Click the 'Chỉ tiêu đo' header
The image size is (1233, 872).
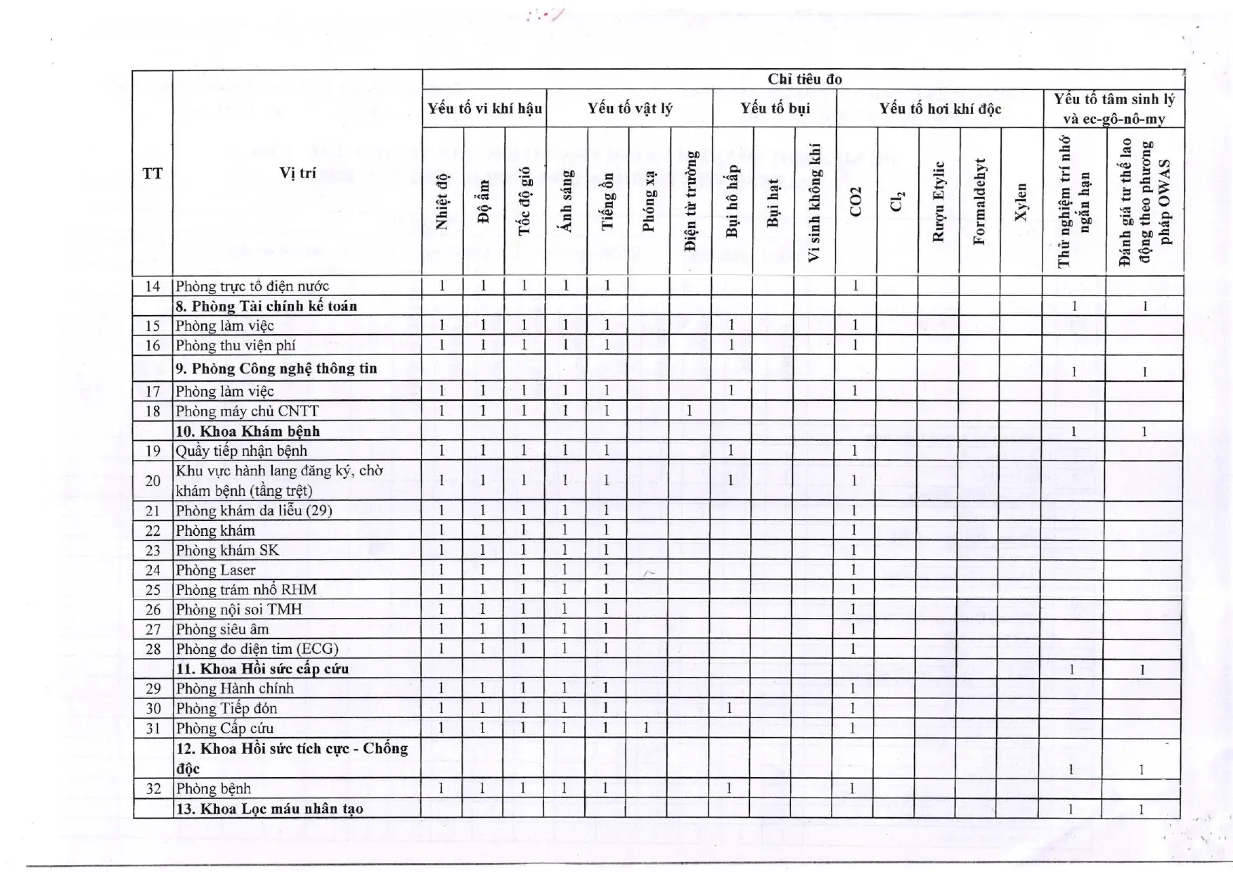coord(804,79)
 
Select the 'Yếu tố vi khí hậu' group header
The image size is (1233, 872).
coord(484,108)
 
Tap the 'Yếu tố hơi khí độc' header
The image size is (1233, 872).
coord(940,108)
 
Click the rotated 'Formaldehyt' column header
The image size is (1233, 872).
coord(979,202)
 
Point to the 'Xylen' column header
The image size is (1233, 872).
coord(1021,202)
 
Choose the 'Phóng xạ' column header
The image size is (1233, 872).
coord(648,202)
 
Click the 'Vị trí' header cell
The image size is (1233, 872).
coord(297,173)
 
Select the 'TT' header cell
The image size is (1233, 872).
coord(153,173)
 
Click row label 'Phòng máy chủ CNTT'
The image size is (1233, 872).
coord(247,411)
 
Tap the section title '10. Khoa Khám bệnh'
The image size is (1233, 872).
coord(247,431)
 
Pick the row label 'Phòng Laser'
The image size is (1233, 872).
coord(216,570)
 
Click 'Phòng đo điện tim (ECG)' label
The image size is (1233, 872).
coord(257,649)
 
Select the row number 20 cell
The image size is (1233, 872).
coord(153,481)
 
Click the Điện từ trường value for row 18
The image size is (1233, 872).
coord(689,411)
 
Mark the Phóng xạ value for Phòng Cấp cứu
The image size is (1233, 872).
coord(646,728)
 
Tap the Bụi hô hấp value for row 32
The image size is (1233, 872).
coord(729,788)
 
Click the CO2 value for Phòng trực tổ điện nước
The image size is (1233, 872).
coord(856,286)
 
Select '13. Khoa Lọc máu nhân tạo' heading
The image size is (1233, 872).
coord(270,809)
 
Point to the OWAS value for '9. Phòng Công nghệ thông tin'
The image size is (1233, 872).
coord(1144,372)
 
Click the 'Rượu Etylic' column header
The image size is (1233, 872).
coord(938,202)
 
